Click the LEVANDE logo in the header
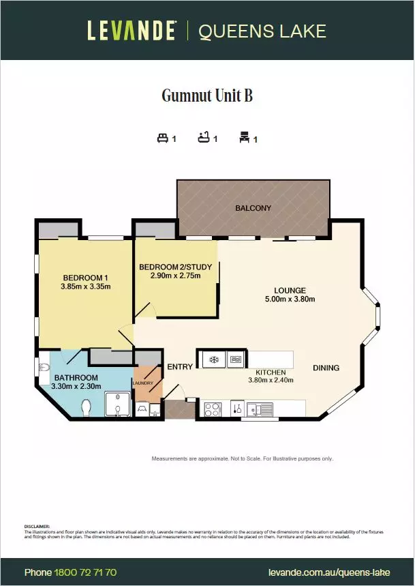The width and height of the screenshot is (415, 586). [132, 31]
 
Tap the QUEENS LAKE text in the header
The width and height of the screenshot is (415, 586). [262, 31]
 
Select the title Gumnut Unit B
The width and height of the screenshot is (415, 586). [207, 96]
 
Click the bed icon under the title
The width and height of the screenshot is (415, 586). [162, 138]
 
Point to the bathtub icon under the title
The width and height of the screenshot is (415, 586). [203, 138]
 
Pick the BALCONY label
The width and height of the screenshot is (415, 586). [253, 208]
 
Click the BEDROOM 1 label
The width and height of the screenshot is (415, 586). [86, 278]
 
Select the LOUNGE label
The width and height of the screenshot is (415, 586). [290, 290]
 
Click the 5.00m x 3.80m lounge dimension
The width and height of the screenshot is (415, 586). [290, 299]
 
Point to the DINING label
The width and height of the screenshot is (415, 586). [326, 368]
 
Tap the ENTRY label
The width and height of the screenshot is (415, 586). [180, 367]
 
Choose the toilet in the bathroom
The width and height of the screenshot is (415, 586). [87, 407]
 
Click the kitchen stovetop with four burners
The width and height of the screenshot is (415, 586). [212, 409]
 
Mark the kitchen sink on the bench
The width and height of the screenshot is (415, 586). [260, 409]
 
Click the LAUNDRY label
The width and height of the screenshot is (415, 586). [143, 383]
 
